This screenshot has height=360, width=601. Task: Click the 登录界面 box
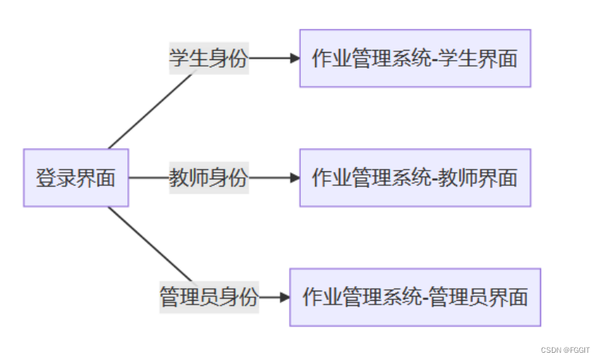point(76,178)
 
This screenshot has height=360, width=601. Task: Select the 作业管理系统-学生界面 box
point(415,59)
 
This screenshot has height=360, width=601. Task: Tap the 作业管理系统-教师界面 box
point(415,178)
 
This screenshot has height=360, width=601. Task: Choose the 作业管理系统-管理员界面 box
point(415,297)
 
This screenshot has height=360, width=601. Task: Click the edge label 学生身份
point(208,59)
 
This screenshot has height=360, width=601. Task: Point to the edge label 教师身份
point(208,178)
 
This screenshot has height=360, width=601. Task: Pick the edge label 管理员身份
point(208,297)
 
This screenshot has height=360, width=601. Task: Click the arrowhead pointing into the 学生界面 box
point(294,59)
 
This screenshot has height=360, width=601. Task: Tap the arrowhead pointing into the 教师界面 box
point(294,178)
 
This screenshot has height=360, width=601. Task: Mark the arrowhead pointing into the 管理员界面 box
point(284,297)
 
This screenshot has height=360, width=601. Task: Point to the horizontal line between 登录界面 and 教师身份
point(148,178)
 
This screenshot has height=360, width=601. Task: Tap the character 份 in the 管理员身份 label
point(248,297)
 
